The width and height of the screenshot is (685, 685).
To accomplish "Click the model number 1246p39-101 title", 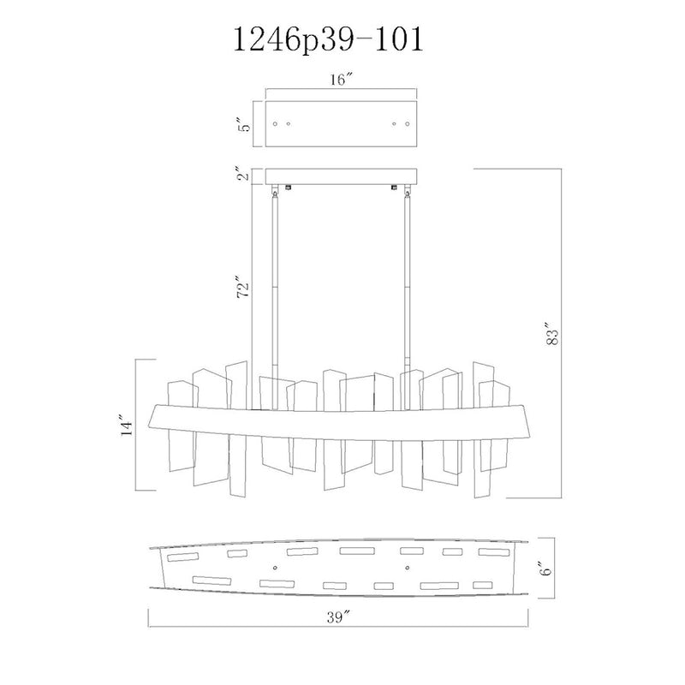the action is [329, 40].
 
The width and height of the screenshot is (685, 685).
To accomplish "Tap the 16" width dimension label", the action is [341, 80].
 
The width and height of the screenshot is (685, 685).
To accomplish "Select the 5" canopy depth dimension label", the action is [246, 124].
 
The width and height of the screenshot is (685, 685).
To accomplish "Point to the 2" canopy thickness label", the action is [246, 174].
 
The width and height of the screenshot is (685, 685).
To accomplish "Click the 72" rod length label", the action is [244, 287].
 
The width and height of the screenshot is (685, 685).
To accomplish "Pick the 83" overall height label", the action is [552, 334].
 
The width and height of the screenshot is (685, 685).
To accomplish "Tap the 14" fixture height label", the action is [126, 425].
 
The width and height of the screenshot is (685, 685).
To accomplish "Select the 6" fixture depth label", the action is [545, 567].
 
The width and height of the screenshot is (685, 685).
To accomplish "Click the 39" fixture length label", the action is [339, 617].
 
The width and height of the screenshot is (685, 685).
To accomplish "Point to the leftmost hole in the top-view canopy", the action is [275, 124].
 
